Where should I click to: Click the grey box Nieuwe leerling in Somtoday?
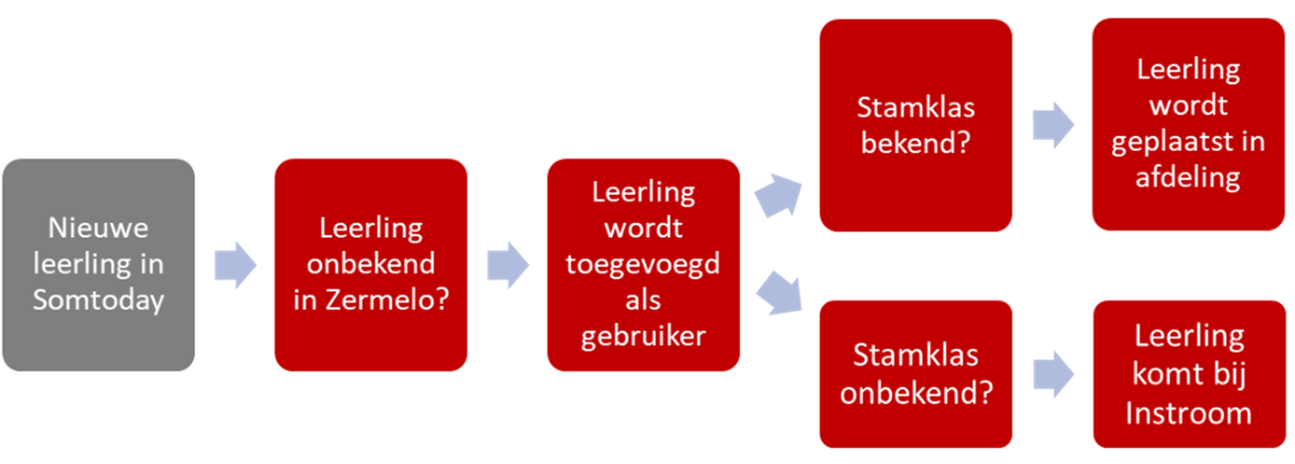[x=99, y=264]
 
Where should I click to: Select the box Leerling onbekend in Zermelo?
[x=371, y=264]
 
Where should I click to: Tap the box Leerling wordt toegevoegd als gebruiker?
[x=643, y=264]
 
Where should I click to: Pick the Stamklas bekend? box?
[x=916, y=125]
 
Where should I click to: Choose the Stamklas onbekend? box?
[x=916, y=374]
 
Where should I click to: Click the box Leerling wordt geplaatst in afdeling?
[x=1188, y=124]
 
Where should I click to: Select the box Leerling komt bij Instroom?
[x=1188, y=374]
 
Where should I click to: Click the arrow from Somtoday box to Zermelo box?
[x=235, y=264]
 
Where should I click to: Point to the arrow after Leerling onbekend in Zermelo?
[x=508, y=264]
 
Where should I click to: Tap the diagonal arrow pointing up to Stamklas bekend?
[x=778, y=194]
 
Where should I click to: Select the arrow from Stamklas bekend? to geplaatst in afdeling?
[x=1053, y=125]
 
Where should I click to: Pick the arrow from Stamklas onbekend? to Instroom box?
[x=1053, y=374]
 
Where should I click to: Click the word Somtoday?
[x=99, y=300]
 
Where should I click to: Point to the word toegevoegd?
[x=643, y=264]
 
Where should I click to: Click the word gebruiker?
[x=643, y=336]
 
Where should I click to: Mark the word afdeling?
[x=1188, y=177]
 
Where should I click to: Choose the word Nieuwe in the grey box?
[x=98, y=228]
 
